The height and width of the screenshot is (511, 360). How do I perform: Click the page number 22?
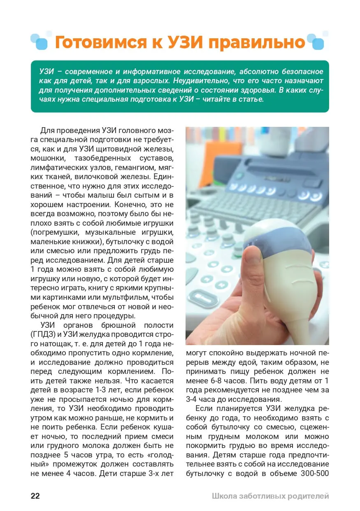35,496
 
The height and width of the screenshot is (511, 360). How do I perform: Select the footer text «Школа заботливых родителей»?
270,496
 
